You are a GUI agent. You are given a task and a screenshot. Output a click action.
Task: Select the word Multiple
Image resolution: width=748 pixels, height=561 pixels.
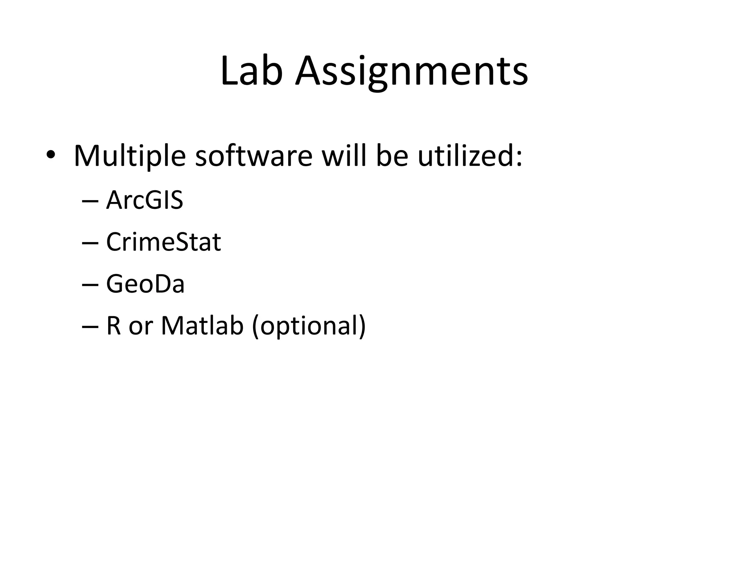(130, 156)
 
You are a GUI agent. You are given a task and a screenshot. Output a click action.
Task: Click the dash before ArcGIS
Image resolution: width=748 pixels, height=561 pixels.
(90, 202)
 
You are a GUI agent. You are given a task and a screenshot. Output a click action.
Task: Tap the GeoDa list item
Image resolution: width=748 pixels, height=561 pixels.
(145, 284)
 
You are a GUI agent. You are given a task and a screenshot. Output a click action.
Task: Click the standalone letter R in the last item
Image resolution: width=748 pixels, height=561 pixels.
(113, 325)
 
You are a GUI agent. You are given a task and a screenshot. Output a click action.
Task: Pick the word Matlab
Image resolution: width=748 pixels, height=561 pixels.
(202, 325)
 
